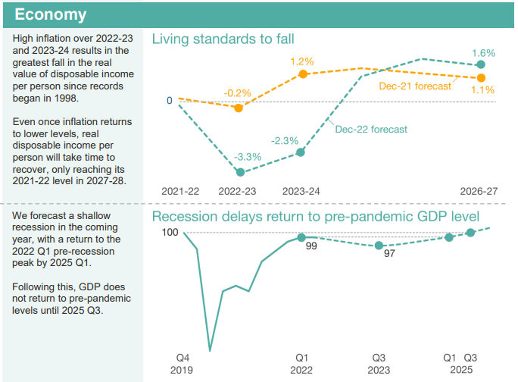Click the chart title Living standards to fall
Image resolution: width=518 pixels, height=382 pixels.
tap(223, 39)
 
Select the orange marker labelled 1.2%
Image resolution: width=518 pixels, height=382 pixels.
tap(303, 74)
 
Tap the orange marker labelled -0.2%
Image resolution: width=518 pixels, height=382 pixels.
tap(239, 108)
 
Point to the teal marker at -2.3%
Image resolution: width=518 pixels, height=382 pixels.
tap(301, 152)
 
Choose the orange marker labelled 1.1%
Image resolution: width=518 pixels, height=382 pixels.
tap(480, 77)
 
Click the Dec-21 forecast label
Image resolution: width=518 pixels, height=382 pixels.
tap(415, 86)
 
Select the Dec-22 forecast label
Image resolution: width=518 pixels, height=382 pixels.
tap(371, 129)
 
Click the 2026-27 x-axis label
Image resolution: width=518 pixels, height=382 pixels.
tap(479, 191)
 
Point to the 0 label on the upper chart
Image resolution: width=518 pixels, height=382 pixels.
tap(170, 99)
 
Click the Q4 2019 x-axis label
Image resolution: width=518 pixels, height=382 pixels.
tap(183, 363)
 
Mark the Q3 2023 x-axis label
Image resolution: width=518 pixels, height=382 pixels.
tap(379, 363)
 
